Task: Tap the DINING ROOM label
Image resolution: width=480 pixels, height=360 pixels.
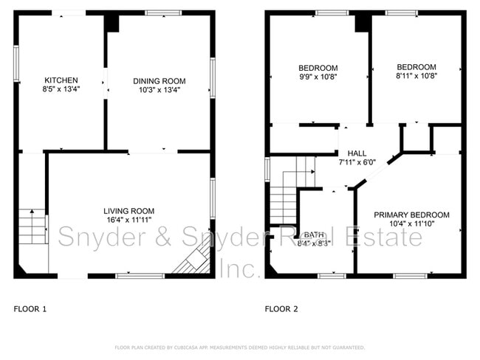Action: (x=159, y=81)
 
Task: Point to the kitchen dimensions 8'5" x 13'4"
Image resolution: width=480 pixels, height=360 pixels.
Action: (x=61, y=89)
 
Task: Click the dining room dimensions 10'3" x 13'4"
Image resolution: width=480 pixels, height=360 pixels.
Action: (x=159, y=90)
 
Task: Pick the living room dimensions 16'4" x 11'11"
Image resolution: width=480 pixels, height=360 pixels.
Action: (x=129, y=221)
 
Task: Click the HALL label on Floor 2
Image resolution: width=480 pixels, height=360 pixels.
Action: (x=357, y=152)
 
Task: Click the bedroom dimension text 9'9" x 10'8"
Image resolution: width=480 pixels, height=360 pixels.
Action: (x=317, y=75)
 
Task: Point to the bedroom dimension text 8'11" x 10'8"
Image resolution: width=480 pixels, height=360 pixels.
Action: (x=416, y=75)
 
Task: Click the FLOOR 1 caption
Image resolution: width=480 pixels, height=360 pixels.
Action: (x=30, y=309)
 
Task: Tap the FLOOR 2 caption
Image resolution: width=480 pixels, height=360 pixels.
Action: (x=281, y=309)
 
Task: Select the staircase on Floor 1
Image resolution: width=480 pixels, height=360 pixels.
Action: (x=32, y=229)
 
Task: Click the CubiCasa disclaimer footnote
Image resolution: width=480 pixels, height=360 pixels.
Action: (x=239, y=347)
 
